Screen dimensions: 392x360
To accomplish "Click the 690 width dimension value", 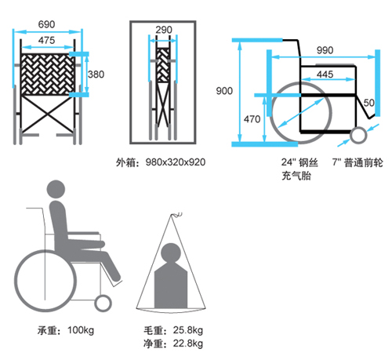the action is pyautogui.click(x=46, y=24).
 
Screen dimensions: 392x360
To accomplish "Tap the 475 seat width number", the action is pyautogui.click(x=46, y=40).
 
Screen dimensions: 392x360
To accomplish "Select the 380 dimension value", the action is pyautogui.click(x=96, y=75).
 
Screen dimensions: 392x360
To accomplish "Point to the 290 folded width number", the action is pyautogui.click(x=164, y=30).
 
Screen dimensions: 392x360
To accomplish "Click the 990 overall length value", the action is pyautogui.click(x=325, y=50).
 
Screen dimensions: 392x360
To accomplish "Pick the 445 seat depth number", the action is pyautogui.click(x=325, y=75).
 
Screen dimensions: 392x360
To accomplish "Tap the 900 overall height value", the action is pyautogui.click(x=224, y=91).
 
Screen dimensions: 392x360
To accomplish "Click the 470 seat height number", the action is pyautogui.click(x=252, y=119).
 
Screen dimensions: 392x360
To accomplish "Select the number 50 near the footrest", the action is pyautogui.click(x=368, y=103).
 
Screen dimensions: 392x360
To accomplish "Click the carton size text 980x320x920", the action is pyautogui.click(x=176, y=162).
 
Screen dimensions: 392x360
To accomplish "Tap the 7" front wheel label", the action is pyautogui.click(x=358, y=162).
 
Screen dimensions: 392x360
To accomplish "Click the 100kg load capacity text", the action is pyautogui.click(x=81, y=330).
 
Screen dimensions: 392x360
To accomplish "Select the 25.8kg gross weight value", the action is pyautogui.click(x=188, y=330).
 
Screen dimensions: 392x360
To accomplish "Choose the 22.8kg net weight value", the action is pyautogui.click(x=188, y=344).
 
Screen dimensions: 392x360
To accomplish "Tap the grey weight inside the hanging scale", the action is pyautogui.click(x=171, y=276).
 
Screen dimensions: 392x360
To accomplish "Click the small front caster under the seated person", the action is pyautogui.click(x=103, y=304).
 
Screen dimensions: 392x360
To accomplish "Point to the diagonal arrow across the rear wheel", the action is pyautogui.click(x=300, y=113).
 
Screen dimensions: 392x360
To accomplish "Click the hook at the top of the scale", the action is pyautogui.click(x=177, y=215).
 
